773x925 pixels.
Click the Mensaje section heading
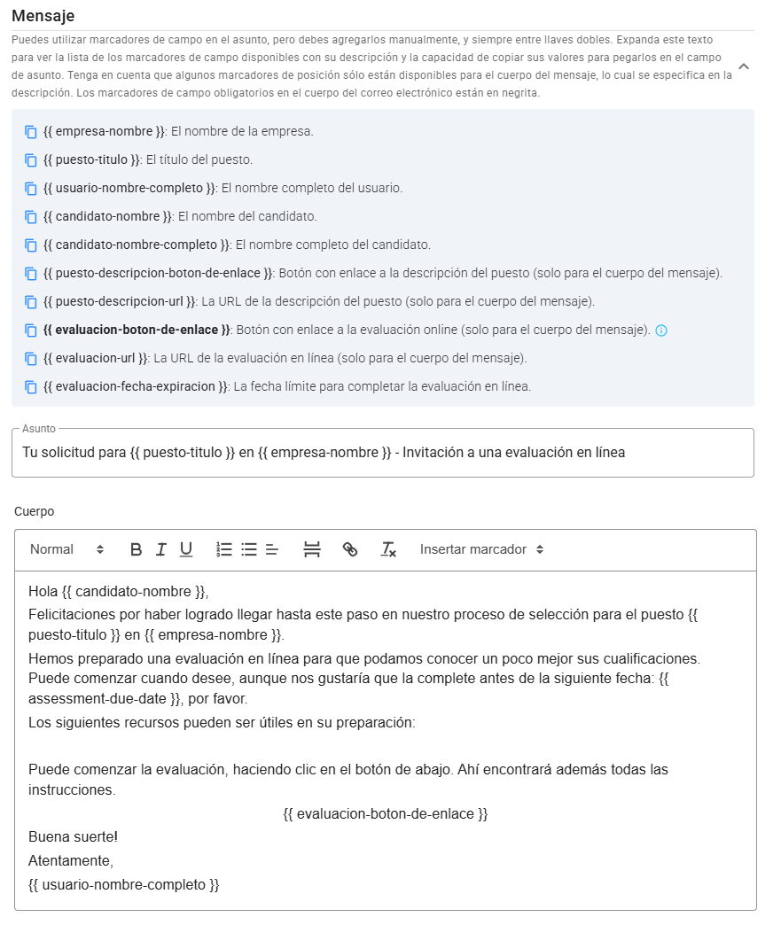pyautogui.click(x=43, y=16)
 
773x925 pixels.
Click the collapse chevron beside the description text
pyautogui.click(x=744, y=66)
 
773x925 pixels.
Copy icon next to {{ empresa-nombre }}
pyautogui.click(x=31, y=132)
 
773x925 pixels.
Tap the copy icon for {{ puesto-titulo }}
pyautogui.click(x=31, y=160)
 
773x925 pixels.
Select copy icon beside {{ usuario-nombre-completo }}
pyautogui.click(x=31, y=189)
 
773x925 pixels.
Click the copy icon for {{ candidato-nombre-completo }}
pyautogui.click(x=31, y=245)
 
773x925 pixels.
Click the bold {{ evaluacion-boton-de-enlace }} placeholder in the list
pyautogui.click(x=137, y=330)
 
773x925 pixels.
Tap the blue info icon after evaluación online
pyautogui.click(x=660, y=330)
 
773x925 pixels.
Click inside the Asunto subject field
pyautogui.click(x=383, y=453)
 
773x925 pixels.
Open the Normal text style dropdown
pyautogui.click(x=66, y=549)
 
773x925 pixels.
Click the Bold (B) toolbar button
pyautogui.click(x=136, y=549)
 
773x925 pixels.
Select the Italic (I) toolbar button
pyautogui.click(x=160, y=549)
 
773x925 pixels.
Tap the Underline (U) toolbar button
pyautogui.click(x=186, y=549)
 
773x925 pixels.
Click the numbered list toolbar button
pyautogui.click(x=224, y=549)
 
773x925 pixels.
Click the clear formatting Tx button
pyautogui.click(x=388, y=549)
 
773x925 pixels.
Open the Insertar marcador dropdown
pyautogui.click(x=481, y=549)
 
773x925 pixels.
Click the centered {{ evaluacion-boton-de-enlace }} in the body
pyautogui.click(x=386, y=813)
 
